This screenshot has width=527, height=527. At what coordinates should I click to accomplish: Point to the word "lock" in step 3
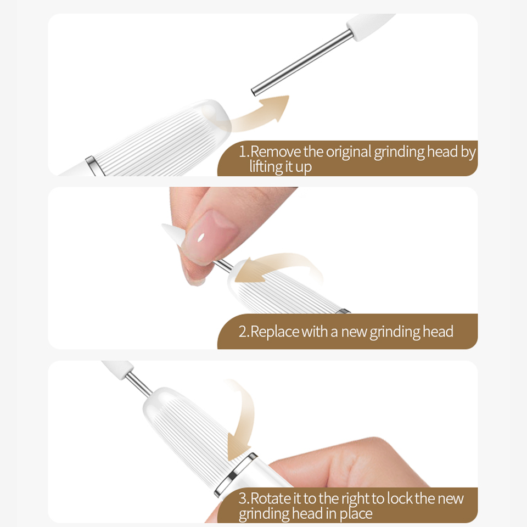tap(400, 498)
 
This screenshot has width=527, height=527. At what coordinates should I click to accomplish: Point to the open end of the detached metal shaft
tap(254, 92)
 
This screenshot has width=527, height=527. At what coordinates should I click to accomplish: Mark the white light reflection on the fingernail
tap(201, 238)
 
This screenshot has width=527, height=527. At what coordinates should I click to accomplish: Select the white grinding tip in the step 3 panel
tap(117, 369)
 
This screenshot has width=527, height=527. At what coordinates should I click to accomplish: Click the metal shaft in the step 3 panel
tap(139, 384)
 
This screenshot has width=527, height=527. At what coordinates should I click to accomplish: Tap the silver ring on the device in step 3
tap(236, 474)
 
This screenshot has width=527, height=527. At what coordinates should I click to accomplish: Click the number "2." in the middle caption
tap(244, 332)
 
